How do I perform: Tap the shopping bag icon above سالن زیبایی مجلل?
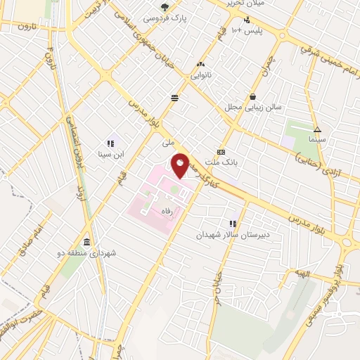[x=252, y=96]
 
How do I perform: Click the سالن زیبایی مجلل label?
[x=252, y=108]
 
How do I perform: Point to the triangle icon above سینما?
[x=317, y=129]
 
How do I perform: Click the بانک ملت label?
[x=221, y=162]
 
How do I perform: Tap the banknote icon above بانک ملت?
[x=221, y=152]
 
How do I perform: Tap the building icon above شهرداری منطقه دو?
[x=86, y=240]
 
